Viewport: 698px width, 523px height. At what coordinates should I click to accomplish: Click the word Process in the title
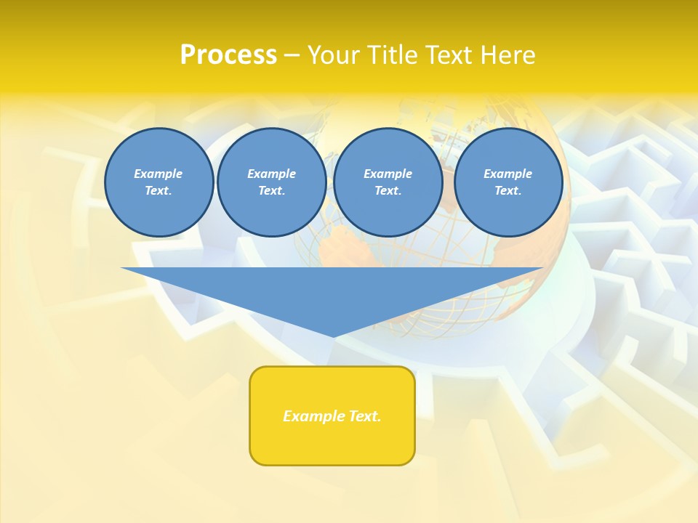[228, 55]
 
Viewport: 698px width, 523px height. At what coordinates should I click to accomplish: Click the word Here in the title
[507, 55]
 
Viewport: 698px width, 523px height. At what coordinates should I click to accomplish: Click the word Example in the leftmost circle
[159, 174]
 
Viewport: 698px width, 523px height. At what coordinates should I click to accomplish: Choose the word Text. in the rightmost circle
[508, 191]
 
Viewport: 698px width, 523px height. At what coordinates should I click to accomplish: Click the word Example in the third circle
[388, 174]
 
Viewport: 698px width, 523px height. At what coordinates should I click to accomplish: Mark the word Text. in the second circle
[272, 191]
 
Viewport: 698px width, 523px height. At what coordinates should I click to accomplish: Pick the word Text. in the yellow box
[364, 416]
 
